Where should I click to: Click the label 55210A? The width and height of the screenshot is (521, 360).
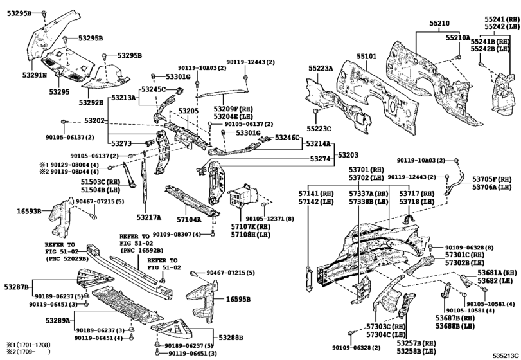459,38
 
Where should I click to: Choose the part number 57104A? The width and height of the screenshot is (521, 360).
186,219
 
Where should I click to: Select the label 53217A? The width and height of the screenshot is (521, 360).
149,217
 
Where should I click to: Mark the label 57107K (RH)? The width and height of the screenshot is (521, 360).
252,227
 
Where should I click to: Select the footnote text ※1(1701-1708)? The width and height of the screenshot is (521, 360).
26,346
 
